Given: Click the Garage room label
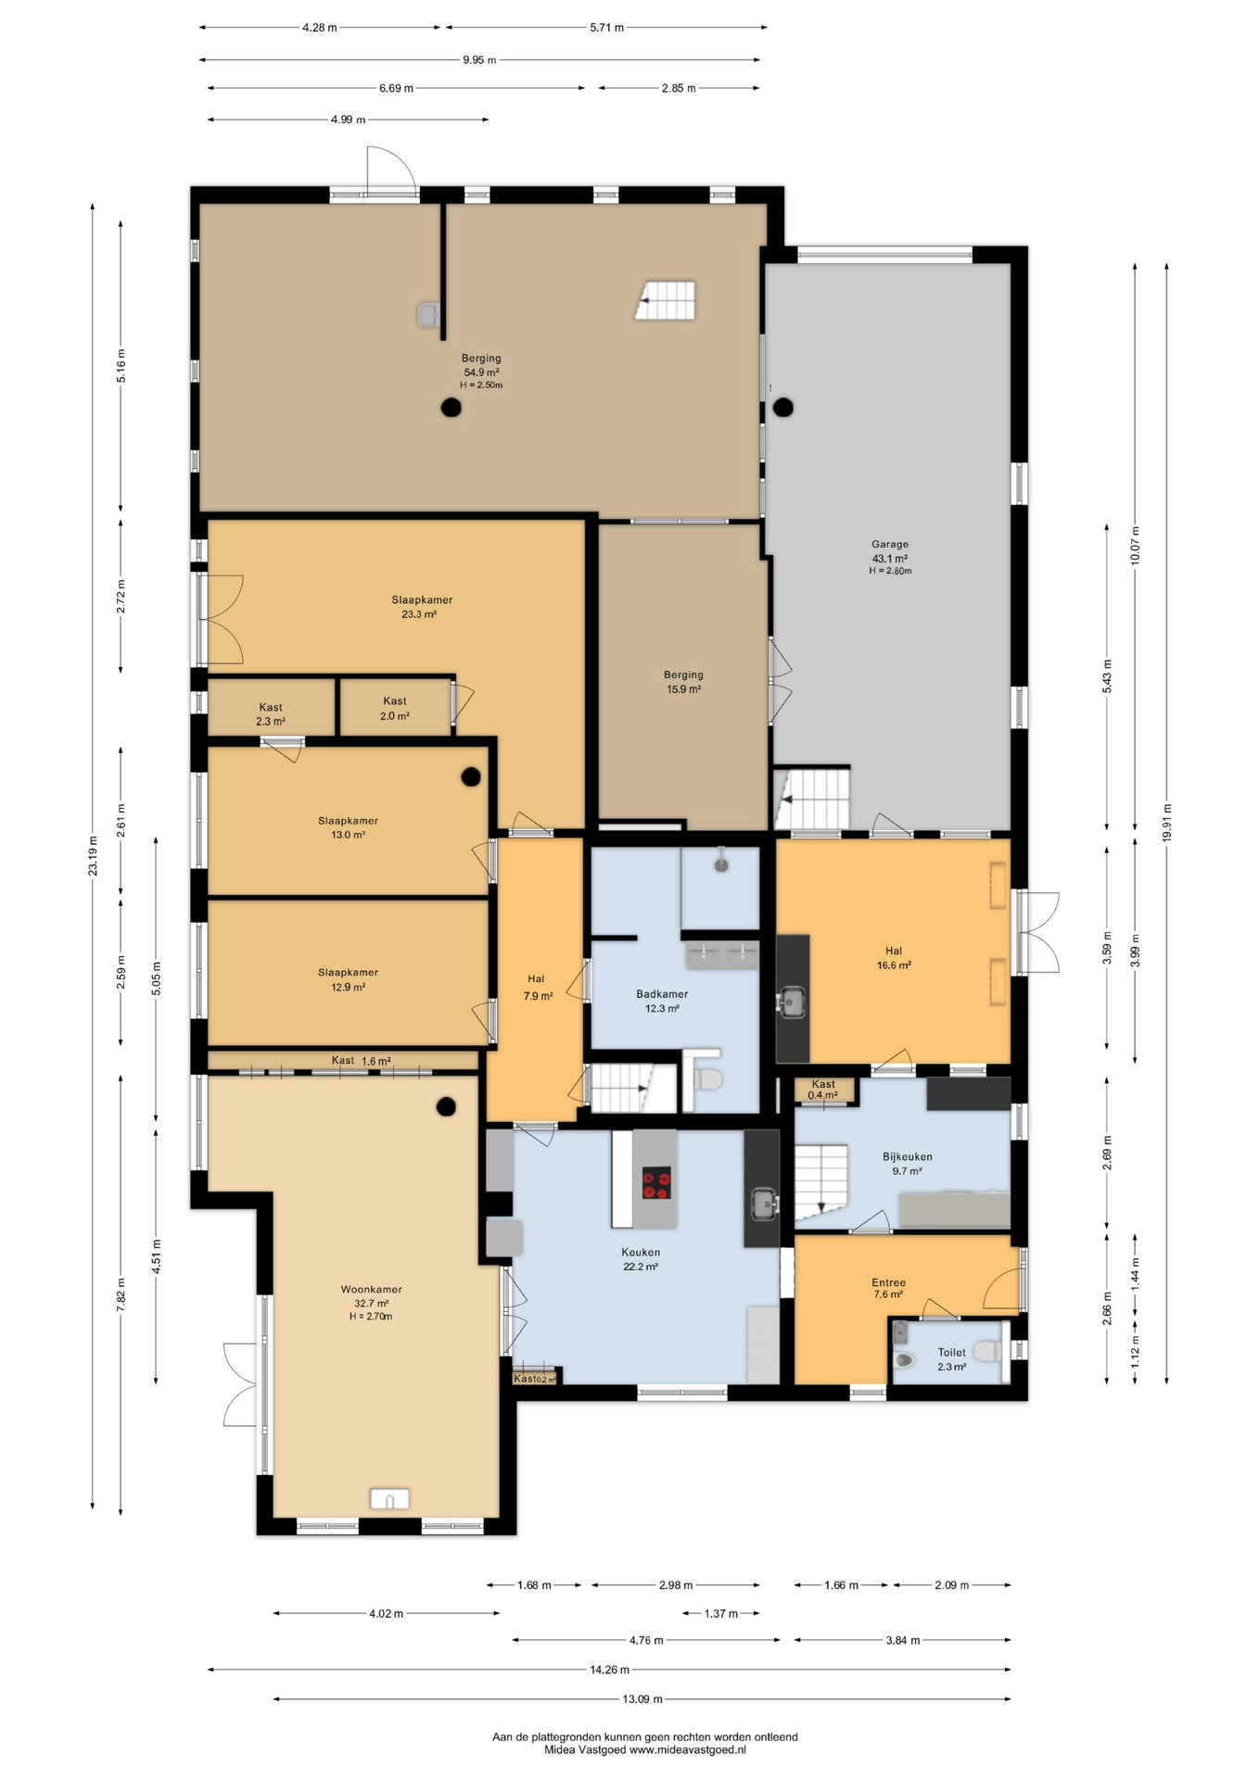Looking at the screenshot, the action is tap(889, 545).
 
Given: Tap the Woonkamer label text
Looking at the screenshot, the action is tap(371, 1290).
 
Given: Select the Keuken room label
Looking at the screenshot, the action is tap(641, 1253).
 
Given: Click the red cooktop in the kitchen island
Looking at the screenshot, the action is tap(656, 1181).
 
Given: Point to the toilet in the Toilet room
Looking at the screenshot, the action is tap(905, 1360).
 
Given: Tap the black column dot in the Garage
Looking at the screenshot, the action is tap(783, 406).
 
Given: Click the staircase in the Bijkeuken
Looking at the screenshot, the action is tap(821, 1181).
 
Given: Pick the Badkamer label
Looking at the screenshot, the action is tap(662, 994).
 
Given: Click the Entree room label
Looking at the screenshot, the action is tap(888, 1282).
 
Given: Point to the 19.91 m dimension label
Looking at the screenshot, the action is tap(1166, 822).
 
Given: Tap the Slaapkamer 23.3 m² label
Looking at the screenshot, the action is tap(422, 607).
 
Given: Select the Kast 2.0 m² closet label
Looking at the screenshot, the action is tap(395, 708).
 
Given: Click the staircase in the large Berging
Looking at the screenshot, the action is tap(666, 300).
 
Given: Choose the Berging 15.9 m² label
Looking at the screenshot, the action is tap(683, 682).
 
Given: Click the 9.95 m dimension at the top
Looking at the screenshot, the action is tap(479, 60).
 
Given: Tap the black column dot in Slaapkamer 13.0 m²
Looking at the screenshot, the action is tap(471, 776).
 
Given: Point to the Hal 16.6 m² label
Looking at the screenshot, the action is tap(894, 957).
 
